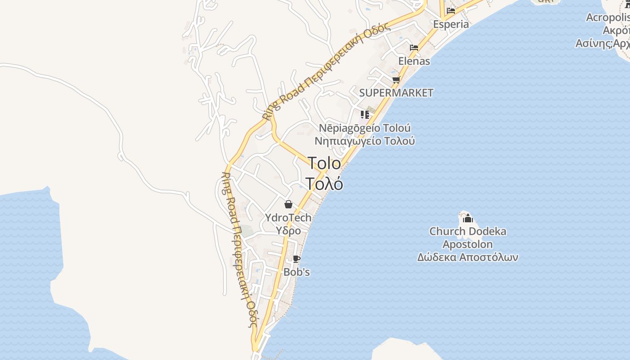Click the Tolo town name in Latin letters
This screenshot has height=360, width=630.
pos(324,163)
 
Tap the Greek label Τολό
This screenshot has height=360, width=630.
pos(324,184)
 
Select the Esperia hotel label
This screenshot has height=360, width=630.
pos(451,24)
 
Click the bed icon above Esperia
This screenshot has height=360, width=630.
pos(451,11)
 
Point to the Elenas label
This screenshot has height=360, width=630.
pos(414,61)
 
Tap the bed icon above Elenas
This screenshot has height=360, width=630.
pos(414,47)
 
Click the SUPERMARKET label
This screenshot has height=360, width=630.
pos(396,93)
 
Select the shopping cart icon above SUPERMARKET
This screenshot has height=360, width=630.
pos(396,80)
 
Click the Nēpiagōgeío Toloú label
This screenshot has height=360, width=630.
pos(364,128)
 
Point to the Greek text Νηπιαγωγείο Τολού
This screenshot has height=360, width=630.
pos(364,141)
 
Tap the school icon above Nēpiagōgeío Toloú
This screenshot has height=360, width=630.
pos(364,115)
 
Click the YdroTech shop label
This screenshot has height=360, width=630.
pos(288,218)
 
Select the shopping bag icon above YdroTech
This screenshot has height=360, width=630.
pos(288,205)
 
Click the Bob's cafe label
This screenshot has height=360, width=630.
pos(297,272)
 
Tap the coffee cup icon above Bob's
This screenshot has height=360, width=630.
pos(296,259)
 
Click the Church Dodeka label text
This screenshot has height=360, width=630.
pos(468,231)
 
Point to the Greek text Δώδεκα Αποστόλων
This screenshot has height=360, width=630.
pos(468,257)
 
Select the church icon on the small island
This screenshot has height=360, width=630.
pos(468,218)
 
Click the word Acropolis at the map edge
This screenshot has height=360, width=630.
pos(607,17)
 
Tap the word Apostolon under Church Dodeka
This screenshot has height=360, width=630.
pos(468,244)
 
